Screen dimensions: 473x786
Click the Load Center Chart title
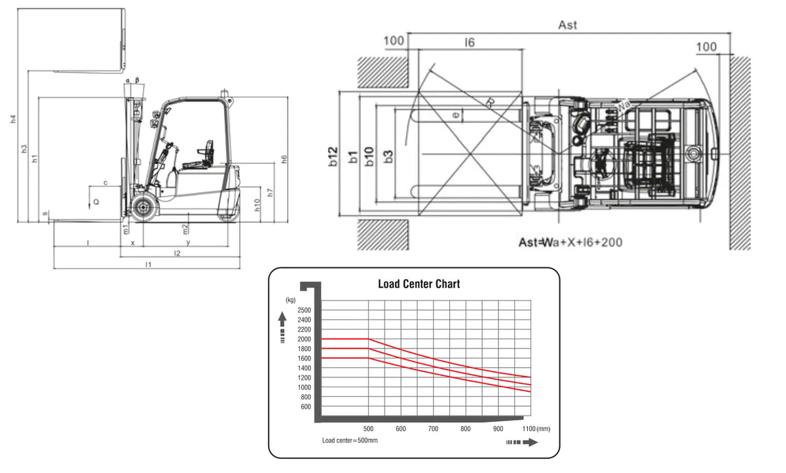419,284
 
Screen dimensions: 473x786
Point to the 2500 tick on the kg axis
304,310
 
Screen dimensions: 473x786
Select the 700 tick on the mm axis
433,429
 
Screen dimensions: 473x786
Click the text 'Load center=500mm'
350,440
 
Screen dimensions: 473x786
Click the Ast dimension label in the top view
567,26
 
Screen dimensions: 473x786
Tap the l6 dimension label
469,43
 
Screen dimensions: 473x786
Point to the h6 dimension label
284,159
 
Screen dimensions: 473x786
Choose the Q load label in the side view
96,203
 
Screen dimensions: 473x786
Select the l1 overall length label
148,264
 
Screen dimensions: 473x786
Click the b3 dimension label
389,157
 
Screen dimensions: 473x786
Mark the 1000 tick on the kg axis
304,387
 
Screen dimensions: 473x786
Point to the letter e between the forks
456,115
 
